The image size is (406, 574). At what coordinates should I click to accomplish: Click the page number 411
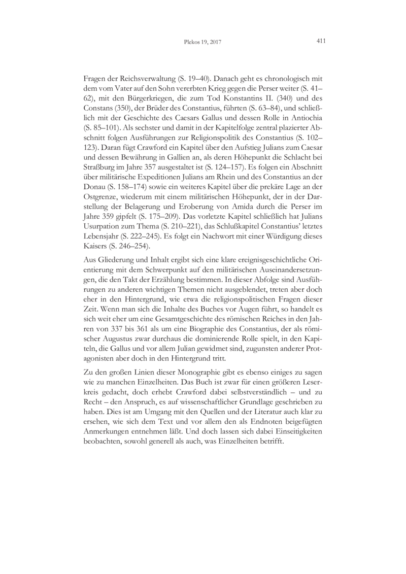point(320,41)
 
